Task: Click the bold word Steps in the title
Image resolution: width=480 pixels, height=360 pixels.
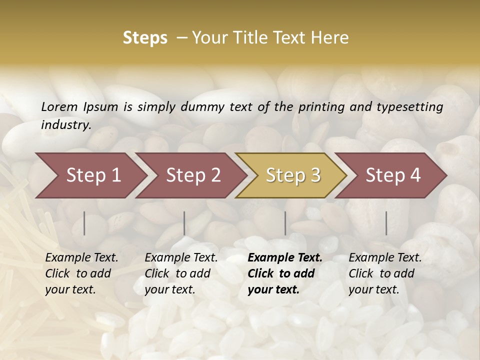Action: pyautogui.click(x=145, y=38)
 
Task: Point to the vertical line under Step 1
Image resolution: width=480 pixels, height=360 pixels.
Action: pyautogui.click(x=84, y=223)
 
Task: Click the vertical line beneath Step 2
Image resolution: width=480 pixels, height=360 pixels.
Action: pyautogui.click(x=184, y=223)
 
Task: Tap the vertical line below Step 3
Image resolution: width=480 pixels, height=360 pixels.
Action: pyautogui.click(x=285, y=223)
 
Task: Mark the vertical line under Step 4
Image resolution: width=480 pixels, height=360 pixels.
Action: pyautogui.click(x=386, y=223)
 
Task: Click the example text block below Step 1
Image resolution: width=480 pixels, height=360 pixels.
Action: pyautogui.click(x=81, y=273)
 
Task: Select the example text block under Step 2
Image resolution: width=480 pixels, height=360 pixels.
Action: pyautogui.click(x=181, y=273)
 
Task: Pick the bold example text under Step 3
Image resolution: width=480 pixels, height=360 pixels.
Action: pyautogui.click(x=284, y=273)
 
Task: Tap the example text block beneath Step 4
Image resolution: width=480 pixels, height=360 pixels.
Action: pyautogui.click(x=385, y=273)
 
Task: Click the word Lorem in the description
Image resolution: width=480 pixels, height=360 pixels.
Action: pyautogui.click(x=59, y=106)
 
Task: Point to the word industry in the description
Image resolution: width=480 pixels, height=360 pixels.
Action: pyautogui.click(x=65, y=124)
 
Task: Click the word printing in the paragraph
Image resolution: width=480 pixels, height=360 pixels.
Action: pyautogui.click(x=318, y=107)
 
